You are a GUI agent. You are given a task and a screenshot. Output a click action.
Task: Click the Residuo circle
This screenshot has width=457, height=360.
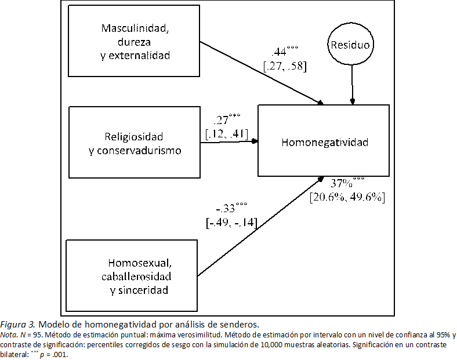tap(350, 44)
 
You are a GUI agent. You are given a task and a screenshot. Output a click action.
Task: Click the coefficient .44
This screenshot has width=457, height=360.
tap(280, 52)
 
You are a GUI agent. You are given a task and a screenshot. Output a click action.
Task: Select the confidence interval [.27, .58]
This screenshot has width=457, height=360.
tap(284, 66)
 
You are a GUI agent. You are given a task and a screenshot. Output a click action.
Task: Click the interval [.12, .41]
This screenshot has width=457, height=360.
tap(227, 134)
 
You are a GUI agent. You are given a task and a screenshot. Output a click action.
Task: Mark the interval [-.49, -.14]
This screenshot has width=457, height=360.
tap(231, 222)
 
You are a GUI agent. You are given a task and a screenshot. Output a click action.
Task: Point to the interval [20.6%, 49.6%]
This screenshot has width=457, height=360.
tap(347, 197)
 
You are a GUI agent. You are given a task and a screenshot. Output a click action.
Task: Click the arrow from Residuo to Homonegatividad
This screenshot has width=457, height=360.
tap(351, 85)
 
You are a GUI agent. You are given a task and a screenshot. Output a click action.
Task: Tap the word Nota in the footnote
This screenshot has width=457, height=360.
tap(9, 335)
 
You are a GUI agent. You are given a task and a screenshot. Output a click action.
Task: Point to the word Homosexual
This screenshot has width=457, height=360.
tap(140, 262)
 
